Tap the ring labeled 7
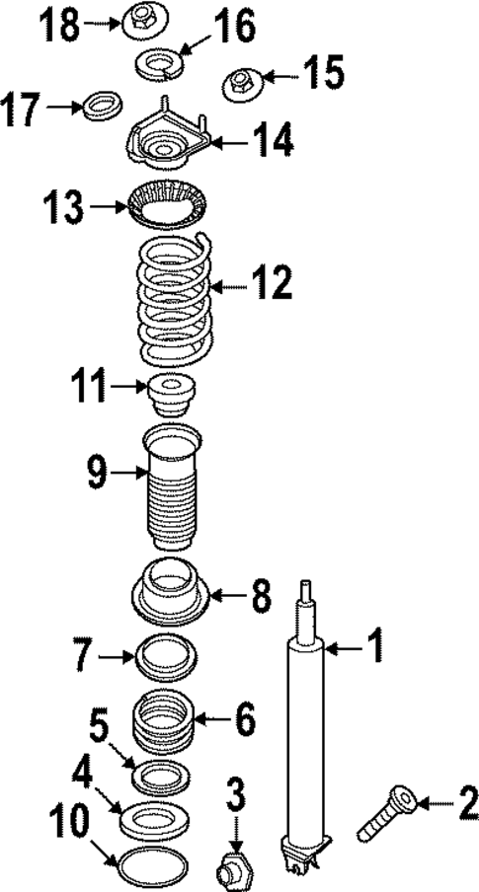pyautogui.click(x=169, y=658)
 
